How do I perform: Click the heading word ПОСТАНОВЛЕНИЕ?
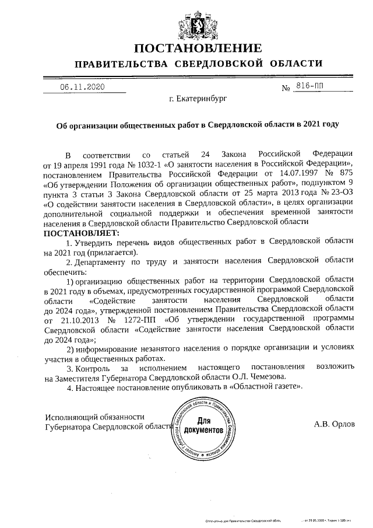click(x=198, y=47)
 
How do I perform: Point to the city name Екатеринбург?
click(x=198, y=99)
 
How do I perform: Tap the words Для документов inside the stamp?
click(x=203, y=425)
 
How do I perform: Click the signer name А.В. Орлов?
click(x=334, y=424)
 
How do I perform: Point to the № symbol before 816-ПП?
click(x=286, y=88)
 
